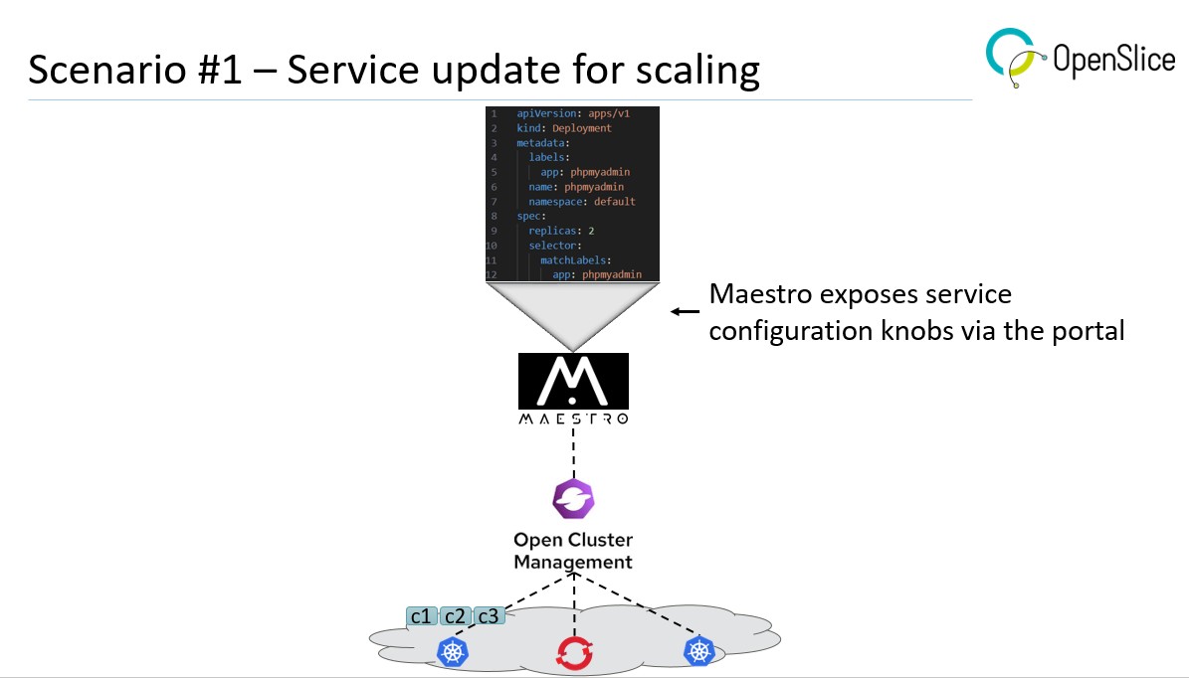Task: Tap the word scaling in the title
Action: pyautogui.click(x=695, y=73)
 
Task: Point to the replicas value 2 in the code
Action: pyautogui.click(x=591, y=231)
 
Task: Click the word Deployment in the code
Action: pyautogui.click(x=582, y=128)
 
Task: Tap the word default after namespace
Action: pyautogui.click(x=614, y=202)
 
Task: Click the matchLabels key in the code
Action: pyautogui.click(x=575, y=259)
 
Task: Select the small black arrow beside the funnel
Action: pyautogui.click(x=685, y=311)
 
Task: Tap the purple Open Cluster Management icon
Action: pyautogui.click(x=573, y=500)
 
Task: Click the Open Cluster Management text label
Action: pyautogui.click(x=573, y=551)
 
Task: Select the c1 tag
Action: pyautogui.click(x=422, y=616)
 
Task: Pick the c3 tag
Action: pyautogui.click(x=489, y=616)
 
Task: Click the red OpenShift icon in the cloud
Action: pyautogui.click(x=574, y=653)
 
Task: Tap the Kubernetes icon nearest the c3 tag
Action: pyautogui.click(x=453, y=652)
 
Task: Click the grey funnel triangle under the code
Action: pyautogui.click(x=573, y=311)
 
